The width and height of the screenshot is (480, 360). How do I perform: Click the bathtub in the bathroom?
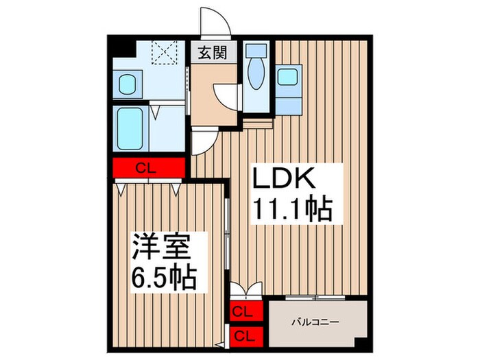(x=129, y=129)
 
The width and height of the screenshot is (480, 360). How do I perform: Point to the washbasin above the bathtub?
(x=128, y=85)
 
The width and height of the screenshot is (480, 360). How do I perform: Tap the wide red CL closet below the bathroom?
(x=149, y=167)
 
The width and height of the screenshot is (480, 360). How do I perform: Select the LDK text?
(x=286, y=180)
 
